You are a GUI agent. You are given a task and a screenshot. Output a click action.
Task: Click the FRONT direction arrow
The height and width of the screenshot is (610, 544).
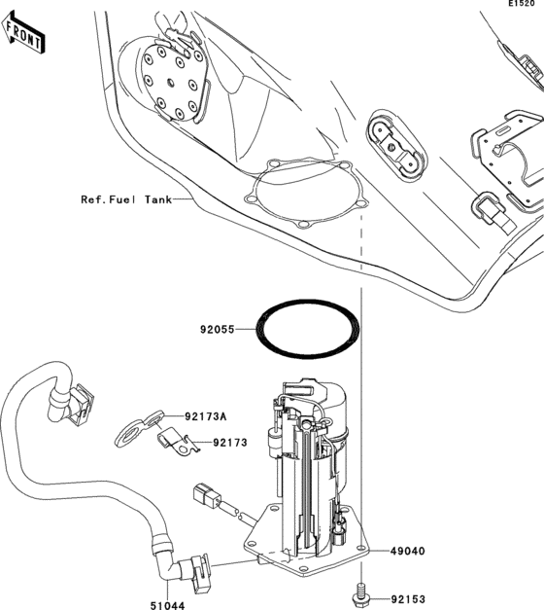tap(24, 37)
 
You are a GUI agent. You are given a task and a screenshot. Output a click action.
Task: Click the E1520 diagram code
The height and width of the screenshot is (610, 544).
tap(525, 6)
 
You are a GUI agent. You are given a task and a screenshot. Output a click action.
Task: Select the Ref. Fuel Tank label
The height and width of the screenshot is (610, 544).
tap(125, 199)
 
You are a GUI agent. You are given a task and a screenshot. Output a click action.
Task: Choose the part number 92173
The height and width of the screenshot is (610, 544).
tap(229, 443)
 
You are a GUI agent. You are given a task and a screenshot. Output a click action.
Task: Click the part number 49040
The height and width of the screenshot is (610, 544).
tap(408, 551)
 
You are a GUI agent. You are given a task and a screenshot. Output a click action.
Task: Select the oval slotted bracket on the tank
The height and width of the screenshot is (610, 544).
tap(394, 147)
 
